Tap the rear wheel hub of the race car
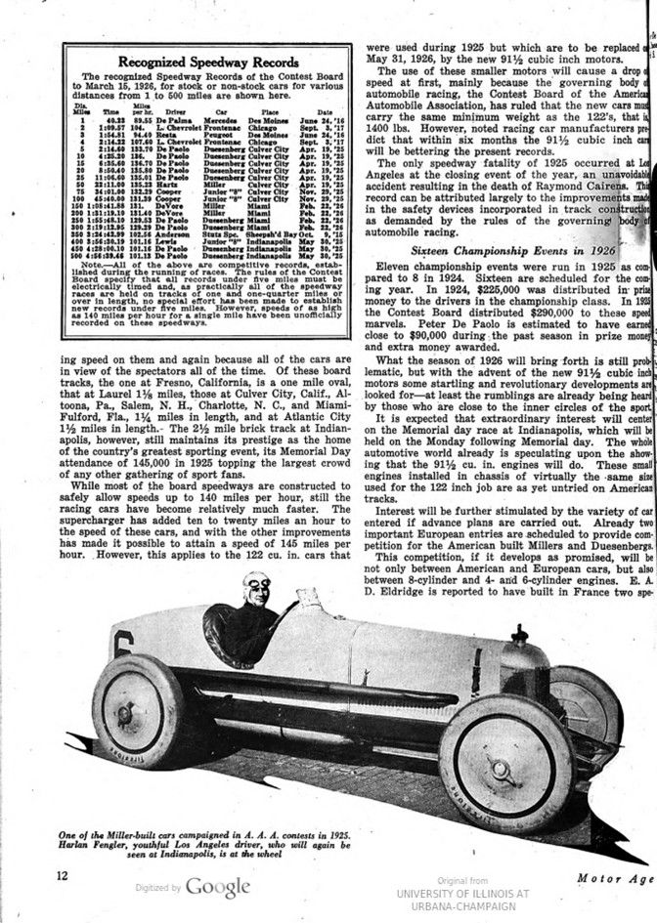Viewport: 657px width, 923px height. click(x=125, y=713)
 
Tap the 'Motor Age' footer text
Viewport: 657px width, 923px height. click(x=614, y=877)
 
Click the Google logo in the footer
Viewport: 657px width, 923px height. click(x=218, y=887)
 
